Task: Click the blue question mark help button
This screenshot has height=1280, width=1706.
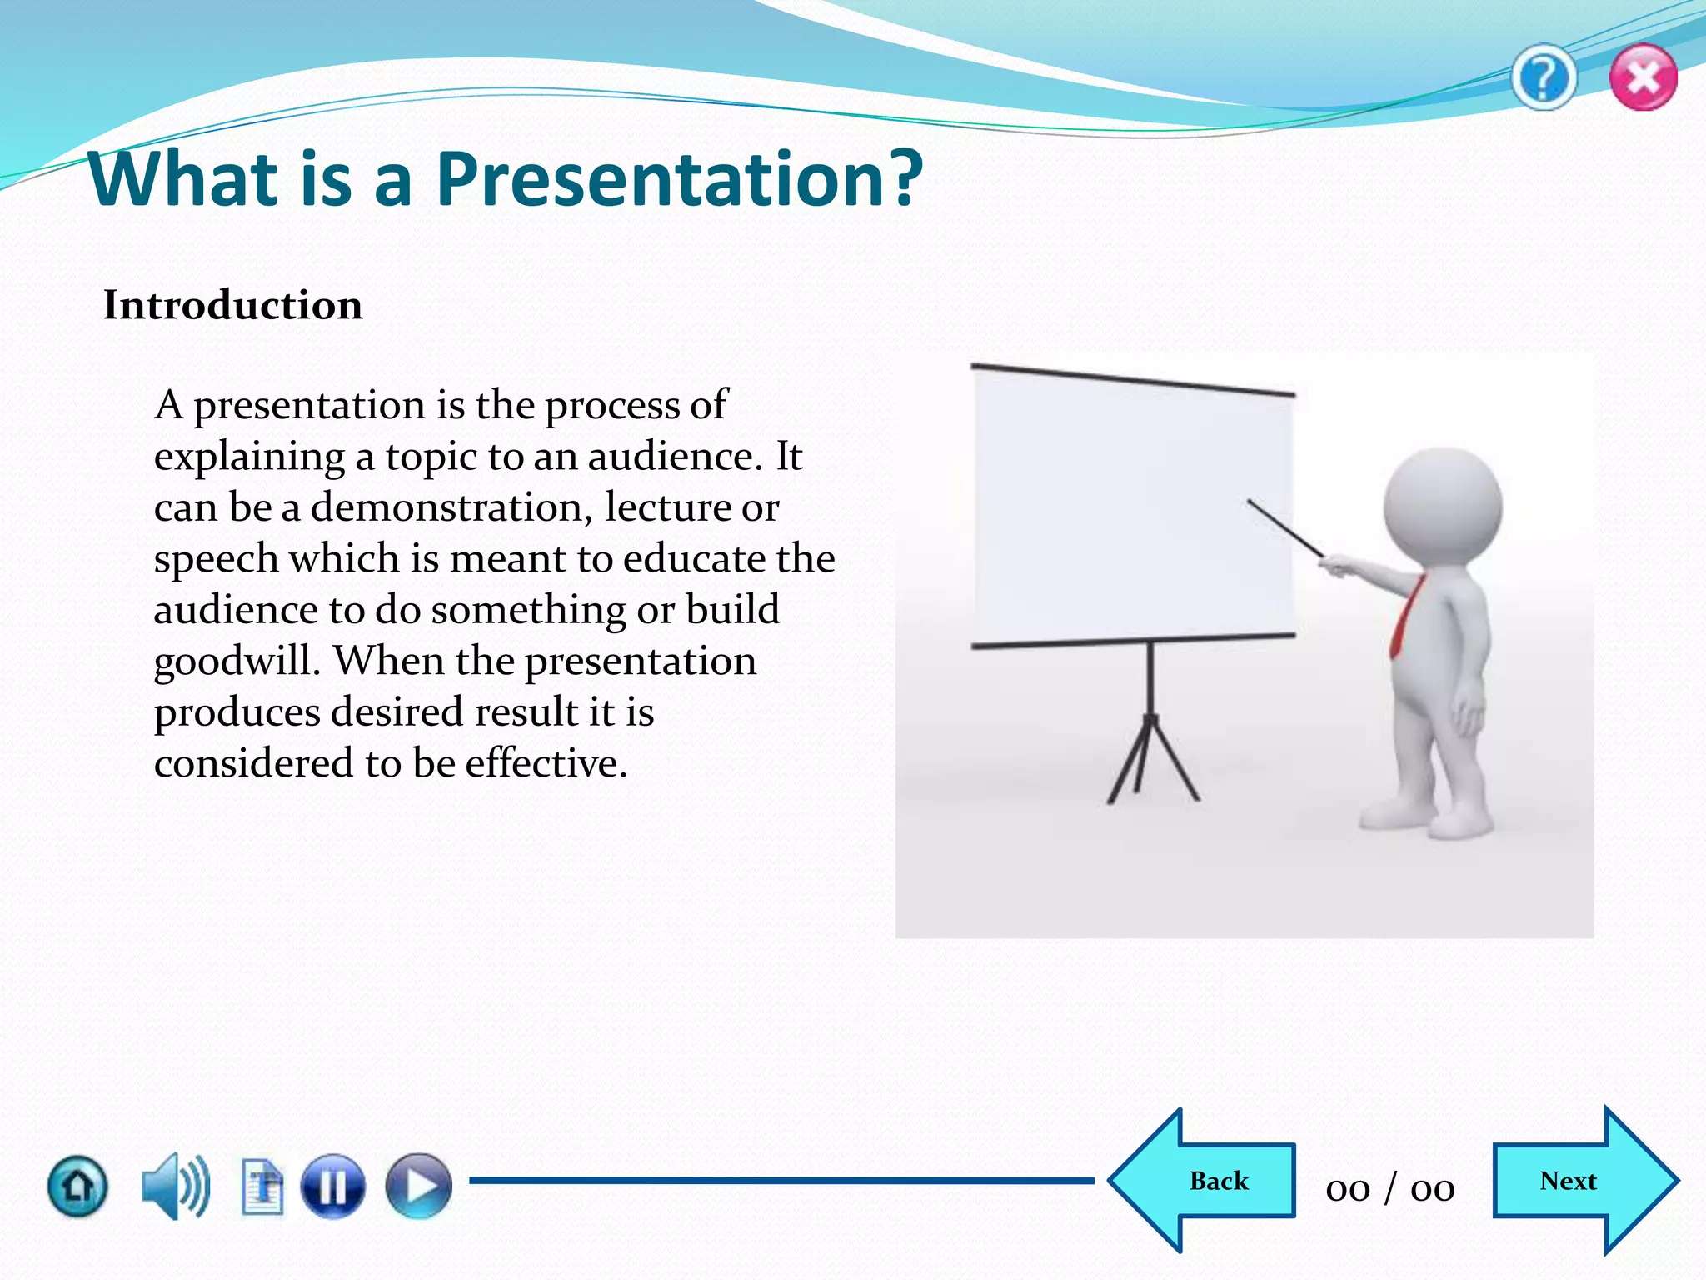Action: click(x=1544, y=78)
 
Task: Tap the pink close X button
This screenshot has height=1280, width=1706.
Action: click(x=1643, y=78)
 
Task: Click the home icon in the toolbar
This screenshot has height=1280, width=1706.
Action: click(x=77, y=1186)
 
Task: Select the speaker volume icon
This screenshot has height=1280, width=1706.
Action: click(x=175, y=1186)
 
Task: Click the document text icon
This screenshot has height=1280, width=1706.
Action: click(x=262, y=1187)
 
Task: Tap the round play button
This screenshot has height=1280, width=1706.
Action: click(x=418, y=1186)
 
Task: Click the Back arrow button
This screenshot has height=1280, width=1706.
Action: click(x=1208, y=1181)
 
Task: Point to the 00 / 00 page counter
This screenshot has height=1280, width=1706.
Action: click(x=1390, y=1187)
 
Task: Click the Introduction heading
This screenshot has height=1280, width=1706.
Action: click(x=233, y=305)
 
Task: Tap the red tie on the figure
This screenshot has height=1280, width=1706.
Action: click(x=1405, y=617)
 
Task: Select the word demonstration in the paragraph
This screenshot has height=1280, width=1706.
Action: click(x=451, y=507)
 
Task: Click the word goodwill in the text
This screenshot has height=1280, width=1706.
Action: click(x=237, y=662)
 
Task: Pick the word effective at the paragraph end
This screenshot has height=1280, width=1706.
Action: click(x=545, y=763)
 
